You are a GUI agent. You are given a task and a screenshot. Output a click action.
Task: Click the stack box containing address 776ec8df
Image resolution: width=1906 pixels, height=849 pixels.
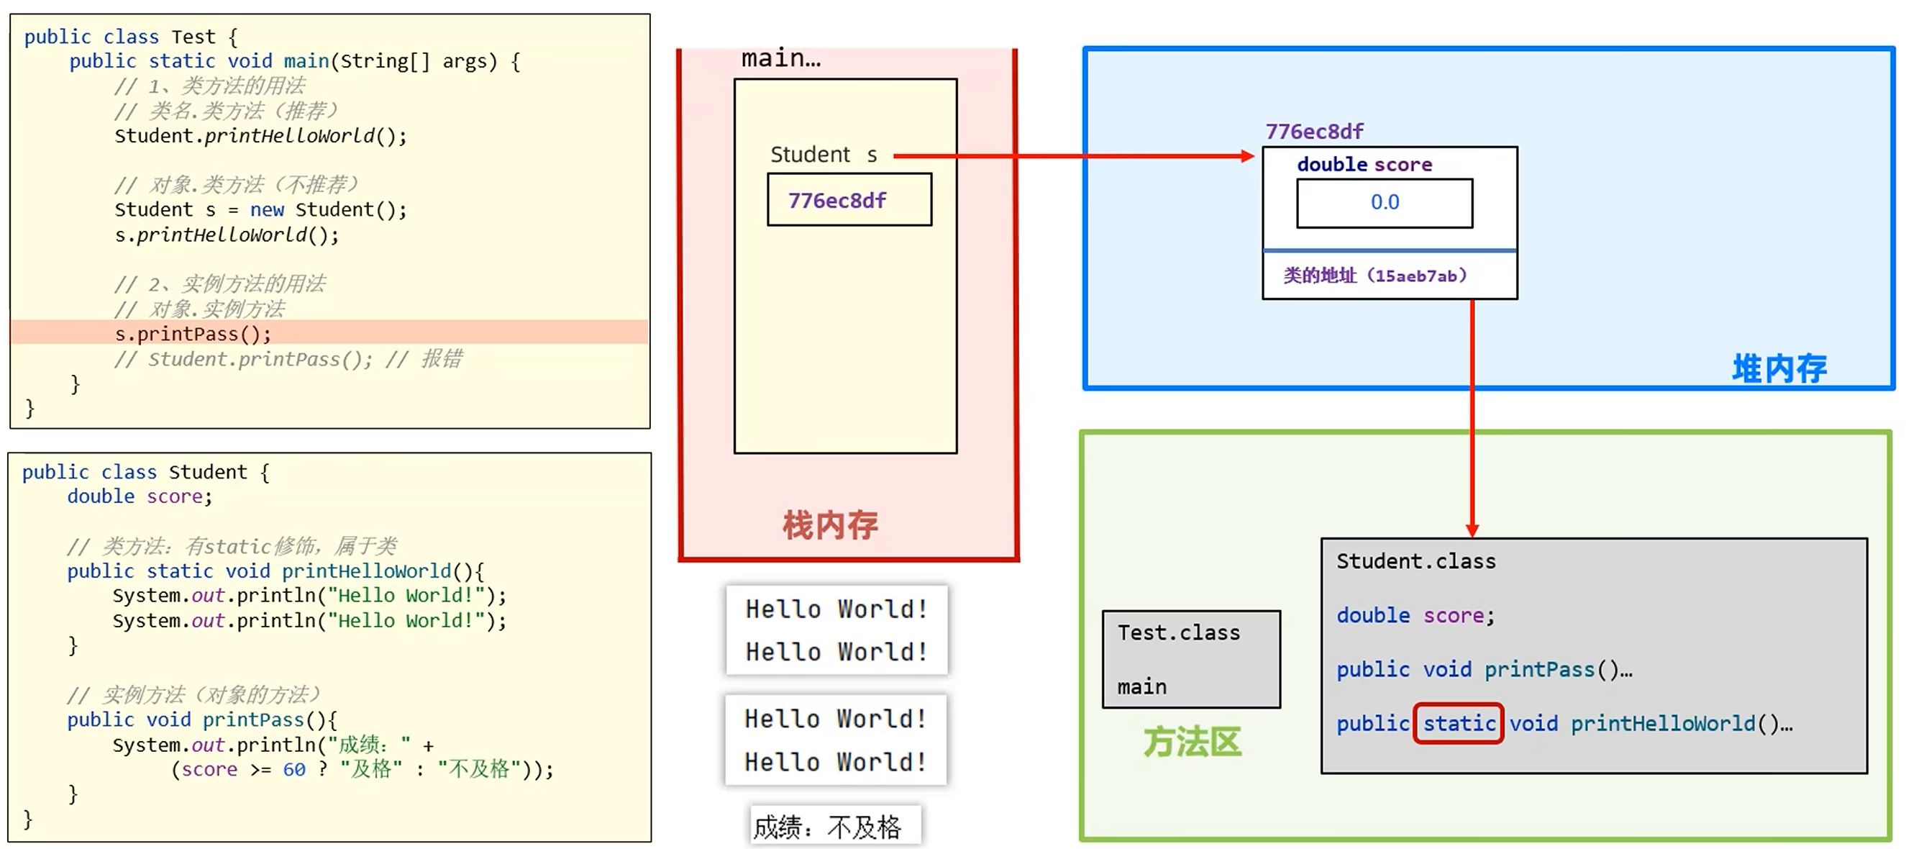[849, 200]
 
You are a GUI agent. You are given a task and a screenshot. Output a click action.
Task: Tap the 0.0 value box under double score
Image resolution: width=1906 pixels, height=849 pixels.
[1384, 203]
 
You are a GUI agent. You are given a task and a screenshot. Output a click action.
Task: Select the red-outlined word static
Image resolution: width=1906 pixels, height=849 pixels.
[1458, 723]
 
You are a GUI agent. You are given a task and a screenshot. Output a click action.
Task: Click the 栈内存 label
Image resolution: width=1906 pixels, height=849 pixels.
[830, 525]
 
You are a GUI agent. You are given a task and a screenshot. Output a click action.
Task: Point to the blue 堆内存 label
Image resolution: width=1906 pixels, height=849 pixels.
[1779, 368]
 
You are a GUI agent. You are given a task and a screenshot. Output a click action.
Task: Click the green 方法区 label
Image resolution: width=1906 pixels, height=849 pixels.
[1191, 742]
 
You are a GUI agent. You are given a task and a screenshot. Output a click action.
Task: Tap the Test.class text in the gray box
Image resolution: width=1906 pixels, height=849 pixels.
[1178, 633]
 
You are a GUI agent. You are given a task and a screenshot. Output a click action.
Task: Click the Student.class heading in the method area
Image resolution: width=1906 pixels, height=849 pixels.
[1415, 562]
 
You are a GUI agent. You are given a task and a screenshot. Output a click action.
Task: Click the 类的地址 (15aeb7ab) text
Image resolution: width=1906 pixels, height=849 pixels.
[1374, 276]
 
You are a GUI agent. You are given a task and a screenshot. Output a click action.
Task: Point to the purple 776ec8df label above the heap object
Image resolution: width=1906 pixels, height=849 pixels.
[1314, 132]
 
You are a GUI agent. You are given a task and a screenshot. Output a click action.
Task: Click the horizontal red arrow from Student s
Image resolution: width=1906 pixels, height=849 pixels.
[1073, 156]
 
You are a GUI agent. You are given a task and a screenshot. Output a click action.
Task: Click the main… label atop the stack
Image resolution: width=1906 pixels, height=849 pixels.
[780, 58]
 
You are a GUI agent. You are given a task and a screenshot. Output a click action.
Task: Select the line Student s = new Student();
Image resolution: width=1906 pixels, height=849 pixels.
[260, 210]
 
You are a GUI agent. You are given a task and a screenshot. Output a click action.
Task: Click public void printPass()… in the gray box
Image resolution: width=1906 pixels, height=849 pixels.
[1484, 670]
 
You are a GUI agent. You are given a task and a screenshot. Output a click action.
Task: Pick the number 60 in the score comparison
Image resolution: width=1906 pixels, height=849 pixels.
[293, 770]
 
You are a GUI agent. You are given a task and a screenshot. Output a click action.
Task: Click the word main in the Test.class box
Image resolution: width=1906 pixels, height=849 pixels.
[1141, 687]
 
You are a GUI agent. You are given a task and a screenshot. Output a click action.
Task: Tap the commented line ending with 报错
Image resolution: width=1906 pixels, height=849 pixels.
[288, 360]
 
